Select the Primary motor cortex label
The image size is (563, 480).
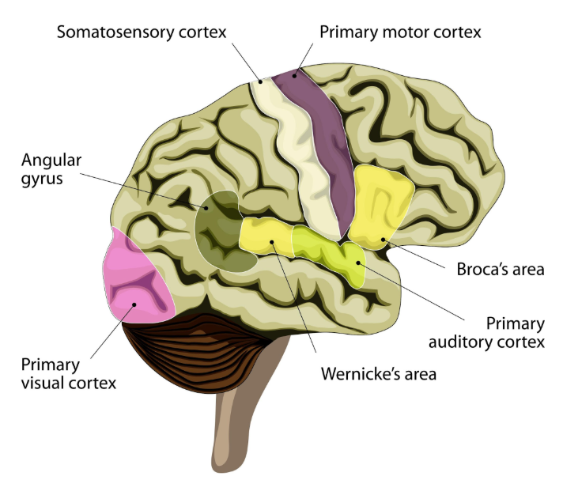400,32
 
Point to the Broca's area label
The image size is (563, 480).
501,270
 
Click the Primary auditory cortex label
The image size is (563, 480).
487,333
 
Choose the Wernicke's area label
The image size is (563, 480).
379,372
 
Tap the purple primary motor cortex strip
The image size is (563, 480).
324,150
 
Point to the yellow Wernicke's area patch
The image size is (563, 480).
265,237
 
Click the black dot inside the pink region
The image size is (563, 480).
135,304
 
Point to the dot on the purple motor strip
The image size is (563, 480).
294,75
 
